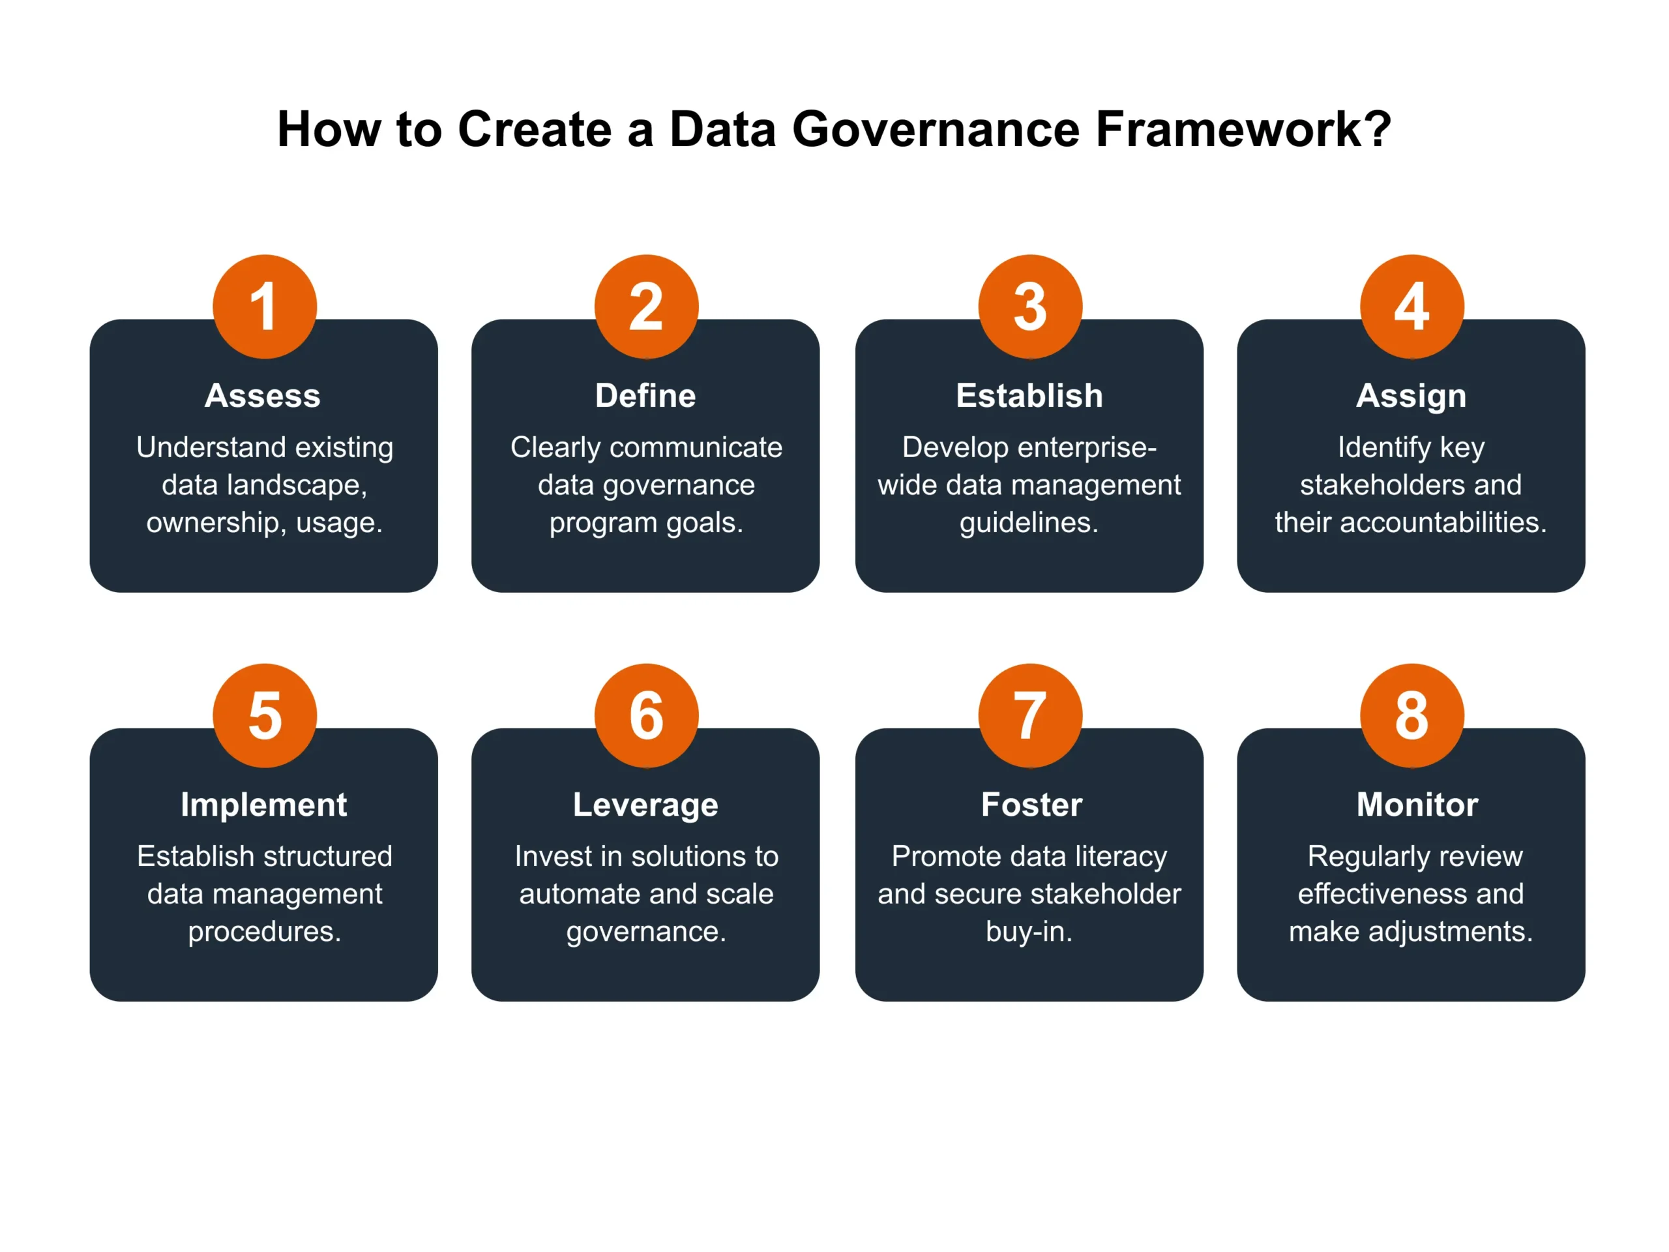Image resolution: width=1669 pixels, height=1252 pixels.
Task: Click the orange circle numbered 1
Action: [x=265, y=306]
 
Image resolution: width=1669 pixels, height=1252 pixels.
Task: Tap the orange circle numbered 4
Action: [x=1411, y=306]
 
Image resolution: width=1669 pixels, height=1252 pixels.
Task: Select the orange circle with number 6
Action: [x=647, y=715]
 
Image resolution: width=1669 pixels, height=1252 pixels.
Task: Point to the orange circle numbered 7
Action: [x=1030, y=715]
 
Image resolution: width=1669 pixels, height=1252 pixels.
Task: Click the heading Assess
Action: [x=263, y=395]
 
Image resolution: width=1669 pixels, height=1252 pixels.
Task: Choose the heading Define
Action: [x=645, y=395]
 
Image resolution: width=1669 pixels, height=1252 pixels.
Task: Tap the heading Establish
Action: [x=1029, y=395]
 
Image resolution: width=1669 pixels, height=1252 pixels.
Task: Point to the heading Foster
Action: [x=1031, y=805]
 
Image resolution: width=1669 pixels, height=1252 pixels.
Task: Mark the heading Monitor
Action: [x=1417, y=805]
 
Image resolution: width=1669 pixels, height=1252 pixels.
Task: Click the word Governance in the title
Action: [x=936, y=129]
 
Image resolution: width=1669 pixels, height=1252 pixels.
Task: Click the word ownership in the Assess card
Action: [x=216, y=523]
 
